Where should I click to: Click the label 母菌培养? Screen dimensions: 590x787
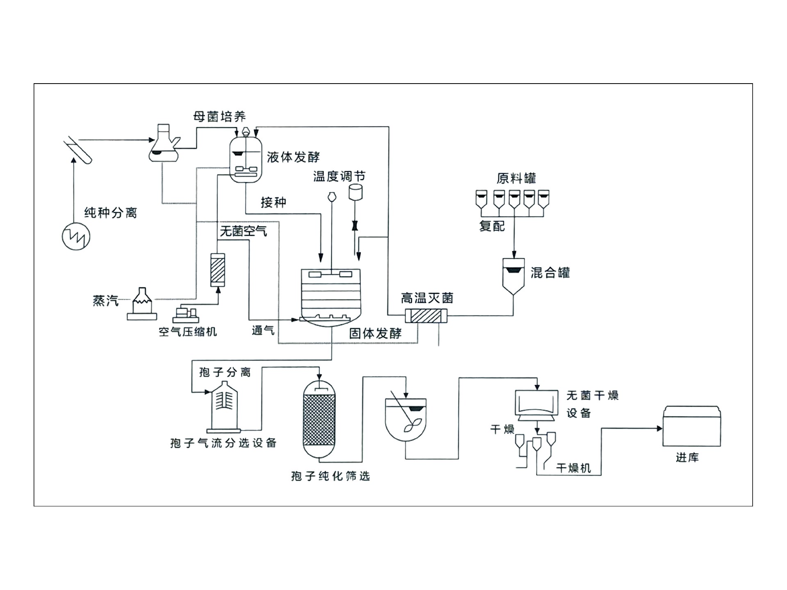pos(219,117)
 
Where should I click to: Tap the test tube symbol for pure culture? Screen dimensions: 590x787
pos(78,150)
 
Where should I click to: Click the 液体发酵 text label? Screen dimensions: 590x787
pos(293,157)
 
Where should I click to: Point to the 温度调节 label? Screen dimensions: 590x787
pos(339,177)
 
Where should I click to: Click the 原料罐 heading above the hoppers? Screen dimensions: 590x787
pos(516,178)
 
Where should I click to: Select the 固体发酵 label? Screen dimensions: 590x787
pos(375,334)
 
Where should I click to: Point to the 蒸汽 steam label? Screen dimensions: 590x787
pos(105,301)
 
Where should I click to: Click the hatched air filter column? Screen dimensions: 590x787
pos(218,270)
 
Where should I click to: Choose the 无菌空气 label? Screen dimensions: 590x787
pos(243,231)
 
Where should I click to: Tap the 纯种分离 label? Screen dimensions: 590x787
pos(110,213)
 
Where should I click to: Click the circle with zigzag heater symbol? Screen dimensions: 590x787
pos(76,237)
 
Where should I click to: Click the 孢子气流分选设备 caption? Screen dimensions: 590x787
pos(223,443)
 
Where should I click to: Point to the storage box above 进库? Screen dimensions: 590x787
pos(691,426)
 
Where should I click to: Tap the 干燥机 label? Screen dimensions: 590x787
pos(573,468)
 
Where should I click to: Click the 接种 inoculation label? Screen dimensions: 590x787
pos(273,202)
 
